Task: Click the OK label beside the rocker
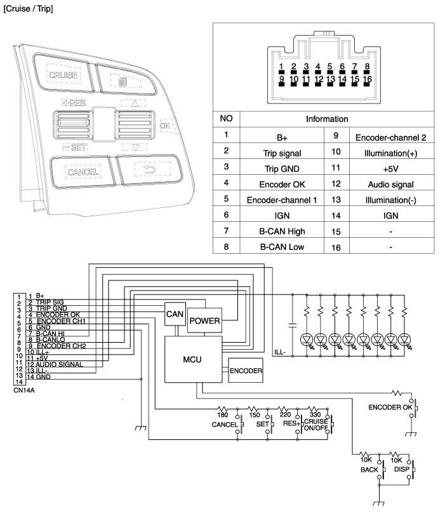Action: tap(166, 126)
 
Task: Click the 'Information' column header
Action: tap(327, 119)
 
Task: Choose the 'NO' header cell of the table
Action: tap(227, 119)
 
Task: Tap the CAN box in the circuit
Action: tap(175, 313)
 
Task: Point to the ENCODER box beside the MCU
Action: tap(245, 369)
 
